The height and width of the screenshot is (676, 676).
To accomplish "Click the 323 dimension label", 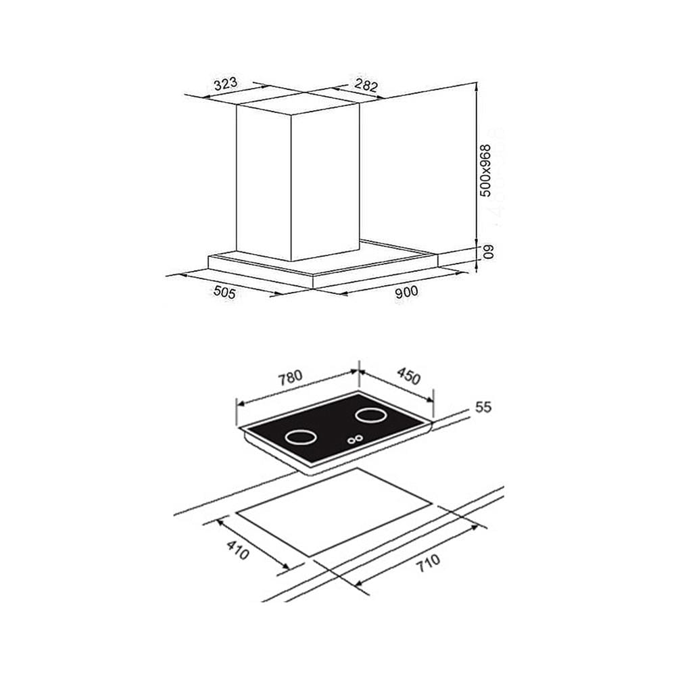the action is [x=226, y=83].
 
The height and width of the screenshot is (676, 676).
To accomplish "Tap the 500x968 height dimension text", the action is [x=486, y=171].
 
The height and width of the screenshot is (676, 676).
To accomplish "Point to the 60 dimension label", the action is [x=487, y=251].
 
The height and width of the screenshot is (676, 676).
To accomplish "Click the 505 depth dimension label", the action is [x=224, y=293].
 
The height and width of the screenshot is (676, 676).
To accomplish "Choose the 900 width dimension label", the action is [x=406, y=292].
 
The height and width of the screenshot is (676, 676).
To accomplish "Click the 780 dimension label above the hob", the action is [x=290, y=378].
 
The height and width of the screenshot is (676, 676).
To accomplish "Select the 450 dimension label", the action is [x=408, y=377].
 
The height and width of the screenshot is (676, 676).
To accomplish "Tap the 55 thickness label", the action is [x=483, y=407].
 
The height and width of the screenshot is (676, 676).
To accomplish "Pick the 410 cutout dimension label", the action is [x=237, y=550].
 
